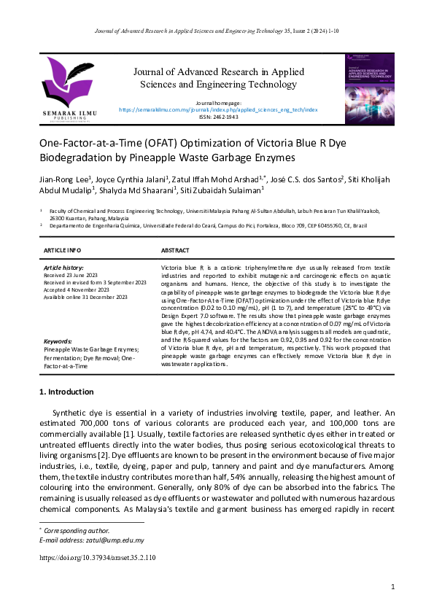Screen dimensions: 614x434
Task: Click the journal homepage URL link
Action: click(x=218, y=109)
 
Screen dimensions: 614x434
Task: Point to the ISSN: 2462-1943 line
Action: click(x=218, y=117)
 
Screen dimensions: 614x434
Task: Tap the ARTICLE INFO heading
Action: click(x=62, y=250)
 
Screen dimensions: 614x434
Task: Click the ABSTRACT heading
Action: click(x=175, y=250)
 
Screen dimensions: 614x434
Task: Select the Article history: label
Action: click(x=63, y=268)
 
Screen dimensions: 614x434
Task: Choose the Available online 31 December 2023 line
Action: click(x=86, y=297)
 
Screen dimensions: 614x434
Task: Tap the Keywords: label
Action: click(x=58, y=341)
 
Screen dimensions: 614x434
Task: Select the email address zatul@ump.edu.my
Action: click(x=112, y=540)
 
